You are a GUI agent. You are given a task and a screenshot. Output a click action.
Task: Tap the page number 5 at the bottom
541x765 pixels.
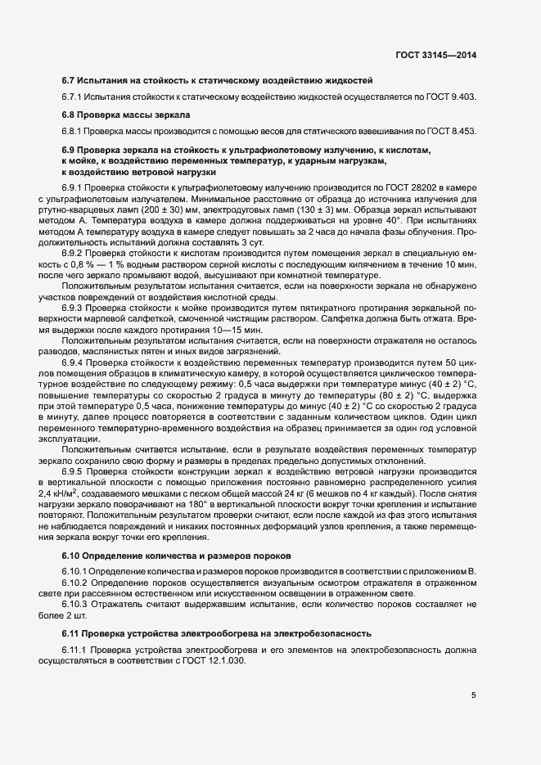(x=473, y=696)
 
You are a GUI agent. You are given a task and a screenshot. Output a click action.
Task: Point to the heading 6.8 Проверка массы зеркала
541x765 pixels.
(x=125, y=115)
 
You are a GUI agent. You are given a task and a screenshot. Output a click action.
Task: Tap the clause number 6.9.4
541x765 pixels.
(x=74, y=360)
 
